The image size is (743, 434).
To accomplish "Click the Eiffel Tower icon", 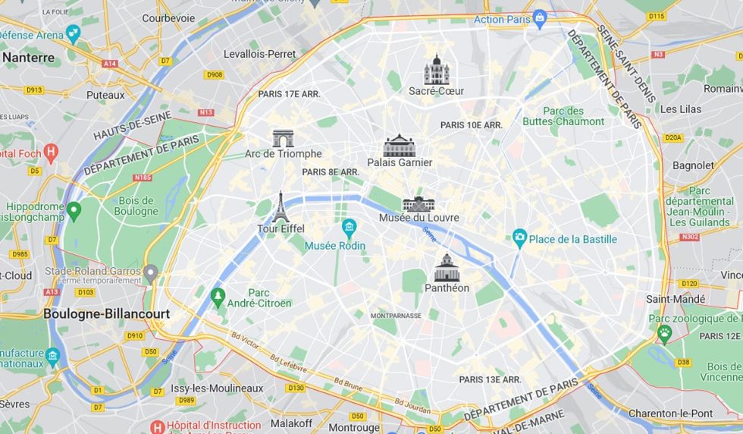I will click(281, 206).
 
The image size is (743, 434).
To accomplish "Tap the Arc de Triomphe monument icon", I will click(283, 138).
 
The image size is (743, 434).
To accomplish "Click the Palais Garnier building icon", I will click(400, 145).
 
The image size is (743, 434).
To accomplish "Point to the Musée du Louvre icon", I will click(419, 203).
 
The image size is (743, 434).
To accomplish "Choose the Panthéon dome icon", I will click(447, 268).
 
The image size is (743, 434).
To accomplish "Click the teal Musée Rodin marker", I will click(349, 227).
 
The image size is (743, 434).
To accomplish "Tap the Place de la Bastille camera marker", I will click(519, 238).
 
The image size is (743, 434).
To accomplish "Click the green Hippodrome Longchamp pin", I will click(74, 210).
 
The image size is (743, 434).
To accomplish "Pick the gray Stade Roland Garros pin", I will click(151, 272).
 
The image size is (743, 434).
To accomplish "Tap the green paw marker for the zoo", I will click(664, 332).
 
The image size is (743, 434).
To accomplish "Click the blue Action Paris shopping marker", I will click(540, 17).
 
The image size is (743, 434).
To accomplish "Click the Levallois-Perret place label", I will click(259, 54).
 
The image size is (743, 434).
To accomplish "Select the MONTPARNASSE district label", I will click(395, 315).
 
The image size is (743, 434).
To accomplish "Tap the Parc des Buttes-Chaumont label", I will click(563, 116).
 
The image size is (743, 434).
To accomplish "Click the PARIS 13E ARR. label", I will click(490, 379).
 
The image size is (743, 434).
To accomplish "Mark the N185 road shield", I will click(143, 178).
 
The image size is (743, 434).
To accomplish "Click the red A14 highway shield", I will click(110, 64).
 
